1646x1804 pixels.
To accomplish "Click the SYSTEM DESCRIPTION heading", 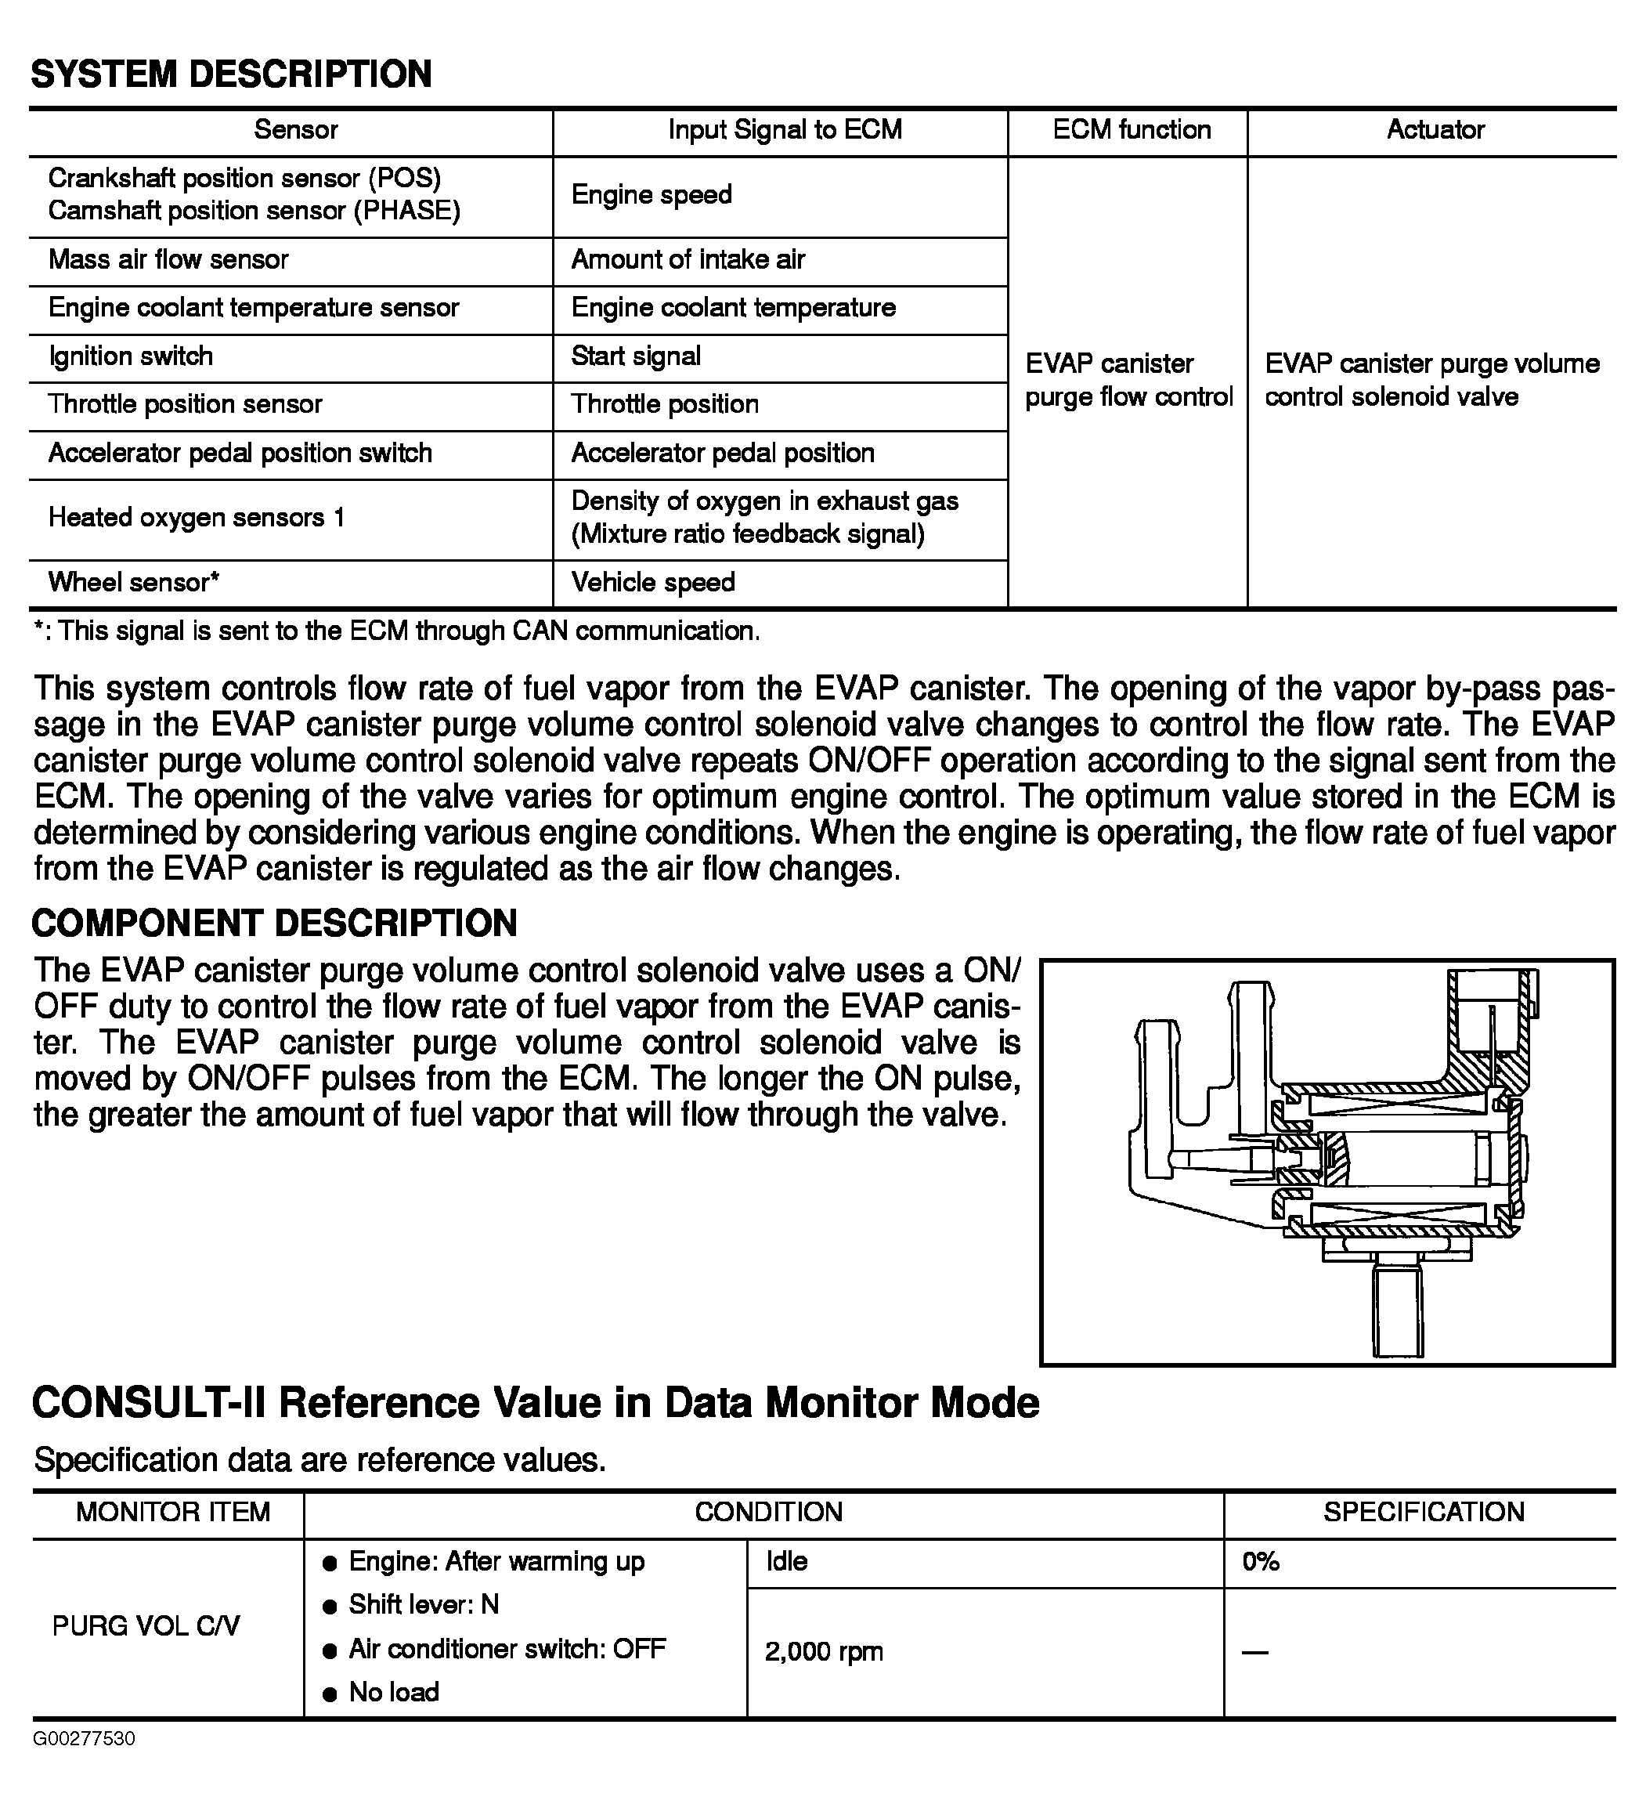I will [x=231, y=74].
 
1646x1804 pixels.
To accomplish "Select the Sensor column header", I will [x=295, y=131].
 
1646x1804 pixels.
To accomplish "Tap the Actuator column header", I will [x=1435, y=131].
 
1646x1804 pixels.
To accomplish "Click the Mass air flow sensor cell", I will [x=168, y=260].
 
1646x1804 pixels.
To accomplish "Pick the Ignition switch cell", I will [x=131, y=357].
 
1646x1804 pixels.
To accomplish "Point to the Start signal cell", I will [x=636, y=357].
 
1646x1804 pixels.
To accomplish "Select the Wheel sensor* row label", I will [x=133, y=584].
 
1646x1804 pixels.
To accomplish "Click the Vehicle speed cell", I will [x=653, y=584].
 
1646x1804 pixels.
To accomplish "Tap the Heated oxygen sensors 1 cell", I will [x=197, y=518].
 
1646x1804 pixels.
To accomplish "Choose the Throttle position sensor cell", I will [x=185, y=405].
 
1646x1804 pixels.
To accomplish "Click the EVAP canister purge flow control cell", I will [x=1128, y=381].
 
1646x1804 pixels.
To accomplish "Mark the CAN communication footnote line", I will [x=396, y=632].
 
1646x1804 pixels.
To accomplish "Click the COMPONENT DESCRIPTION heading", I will [x=274, y=924].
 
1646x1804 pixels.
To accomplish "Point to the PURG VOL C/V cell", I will [x=146, y=1626].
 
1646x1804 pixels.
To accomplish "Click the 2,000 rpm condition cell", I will [x=824, y=1652].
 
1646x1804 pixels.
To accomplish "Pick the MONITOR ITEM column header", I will [x=172, y=1513].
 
